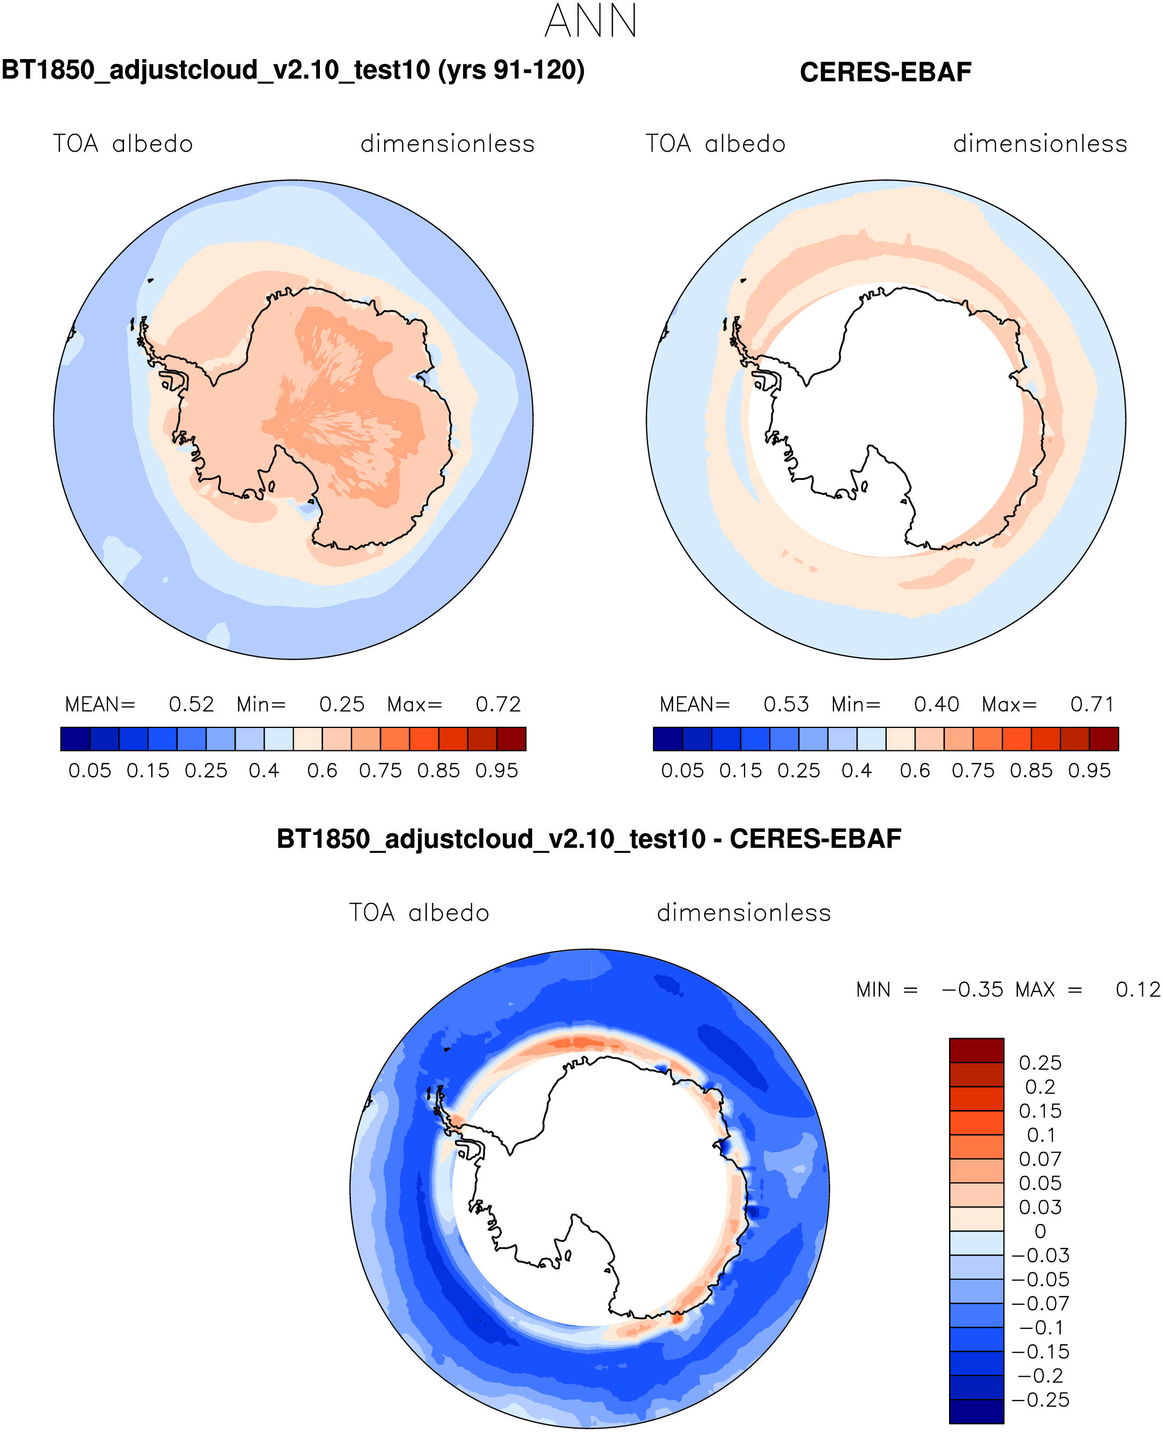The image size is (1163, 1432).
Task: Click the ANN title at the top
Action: [x=590, y=21]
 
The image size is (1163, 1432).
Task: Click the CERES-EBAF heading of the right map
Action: [x=885, y=72]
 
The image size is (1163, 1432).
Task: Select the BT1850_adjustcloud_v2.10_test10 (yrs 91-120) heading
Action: [x=293, y=70]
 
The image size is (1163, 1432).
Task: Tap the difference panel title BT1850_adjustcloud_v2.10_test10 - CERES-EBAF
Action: [x=589, y=839]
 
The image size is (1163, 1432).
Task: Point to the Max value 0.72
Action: [x=498, y=704]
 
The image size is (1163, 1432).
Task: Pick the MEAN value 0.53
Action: [x=786, y=704]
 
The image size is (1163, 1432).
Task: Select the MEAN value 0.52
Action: [x=191, y=704]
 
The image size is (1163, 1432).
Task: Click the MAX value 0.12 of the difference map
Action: [x=1137, y=989]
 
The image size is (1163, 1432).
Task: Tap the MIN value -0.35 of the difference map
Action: [x=972, y=989]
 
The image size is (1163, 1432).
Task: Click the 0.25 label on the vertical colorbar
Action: [x=1040, y=1063]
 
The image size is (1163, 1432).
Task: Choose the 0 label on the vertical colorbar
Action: [x=1040, y=1231]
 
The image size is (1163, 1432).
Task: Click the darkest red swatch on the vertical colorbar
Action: [x=976, y=1050]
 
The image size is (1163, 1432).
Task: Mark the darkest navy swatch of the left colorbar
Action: [x=75, y=739]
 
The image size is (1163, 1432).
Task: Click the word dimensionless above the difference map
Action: [x=744, y=913]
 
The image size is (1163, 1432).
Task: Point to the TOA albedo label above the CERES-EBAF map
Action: [x=715, y=144]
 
